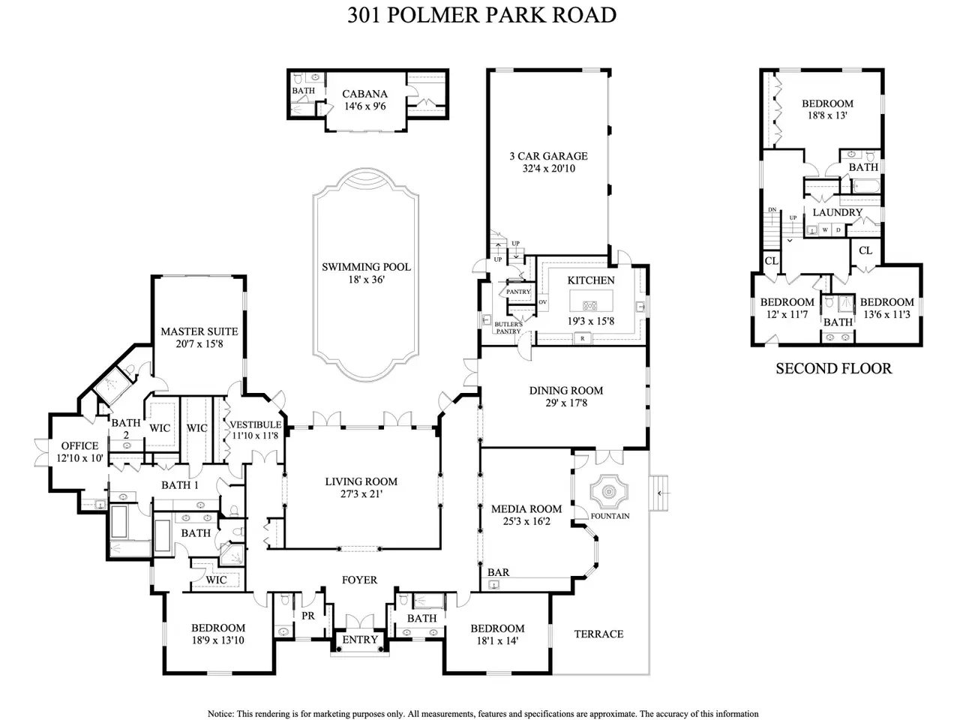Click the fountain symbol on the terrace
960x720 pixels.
[609, 492]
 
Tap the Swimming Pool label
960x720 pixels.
[366, 267]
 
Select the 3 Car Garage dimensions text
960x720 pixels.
[548, 168]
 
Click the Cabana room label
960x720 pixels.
[364, 94]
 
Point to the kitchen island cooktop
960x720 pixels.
[590, 305]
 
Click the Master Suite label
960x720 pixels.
[199, 331]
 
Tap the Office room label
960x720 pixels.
[79, 445]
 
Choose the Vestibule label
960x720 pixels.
[256, 424]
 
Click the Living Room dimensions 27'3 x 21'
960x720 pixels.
[361, 493]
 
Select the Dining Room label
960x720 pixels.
[566, 391]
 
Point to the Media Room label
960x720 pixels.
[526, 508]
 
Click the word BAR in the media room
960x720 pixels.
[498, 572]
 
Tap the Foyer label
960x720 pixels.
[359, 580]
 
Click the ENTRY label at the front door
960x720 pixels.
[360, 640]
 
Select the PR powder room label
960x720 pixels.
[308, 616]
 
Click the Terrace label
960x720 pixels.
[598, 634]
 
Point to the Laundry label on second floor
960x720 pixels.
[838, 212]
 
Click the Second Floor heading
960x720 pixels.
[833, 368]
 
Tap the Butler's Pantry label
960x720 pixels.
[508, 328]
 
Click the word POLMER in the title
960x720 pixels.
[430, 15]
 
